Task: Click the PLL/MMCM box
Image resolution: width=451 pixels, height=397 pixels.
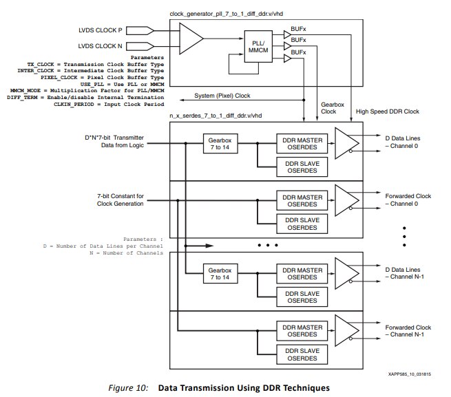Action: point(258,46)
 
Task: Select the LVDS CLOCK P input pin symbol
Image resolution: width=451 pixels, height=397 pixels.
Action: point(140,30)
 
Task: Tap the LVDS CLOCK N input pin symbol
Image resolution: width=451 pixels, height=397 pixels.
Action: point(140,46)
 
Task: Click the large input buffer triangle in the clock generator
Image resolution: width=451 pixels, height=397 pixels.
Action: point(191,39)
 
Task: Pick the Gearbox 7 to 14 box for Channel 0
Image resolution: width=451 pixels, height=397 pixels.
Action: point(220,143)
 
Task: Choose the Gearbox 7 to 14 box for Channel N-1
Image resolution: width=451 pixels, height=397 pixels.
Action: point(220,274)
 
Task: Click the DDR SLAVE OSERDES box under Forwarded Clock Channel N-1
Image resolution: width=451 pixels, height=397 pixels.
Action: point(302,354)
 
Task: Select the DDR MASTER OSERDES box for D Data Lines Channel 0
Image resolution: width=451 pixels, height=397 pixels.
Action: point(302,143)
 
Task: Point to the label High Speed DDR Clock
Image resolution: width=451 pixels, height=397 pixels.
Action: point(388,111)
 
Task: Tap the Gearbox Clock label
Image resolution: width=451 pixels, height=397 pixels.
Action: point(333,108)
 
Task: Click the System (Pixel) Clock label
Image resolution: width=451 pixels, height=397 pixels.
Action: point(222,96)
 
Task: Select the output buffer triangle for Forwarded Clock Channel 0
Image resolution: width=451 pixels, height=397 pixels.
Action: point(347,200)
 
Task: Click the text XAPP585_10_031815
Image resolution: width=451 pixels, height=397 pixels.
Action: point(410,374)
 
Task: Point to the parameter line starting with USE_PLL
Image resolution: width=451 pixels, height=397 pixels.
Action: point(123,84)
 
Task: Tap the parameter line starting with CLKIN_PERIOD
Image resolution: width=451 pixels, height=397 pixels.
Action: point(109,105)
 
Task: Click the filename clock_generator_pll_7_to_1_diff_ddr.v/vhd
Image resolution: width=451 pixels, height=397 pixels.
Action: point(227,14)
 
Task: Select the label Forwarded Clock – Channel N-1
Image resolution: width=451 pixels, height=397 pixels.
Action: point(408,331)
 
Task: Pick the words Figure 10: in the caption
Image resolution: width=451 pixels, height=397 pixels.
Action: point(128,388)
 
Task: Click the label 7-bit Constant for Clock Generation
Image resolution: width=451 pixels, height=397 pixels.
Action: point(120,200)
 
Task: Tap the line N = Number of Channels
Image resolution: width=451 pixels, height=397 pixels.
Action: point(126,253)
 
